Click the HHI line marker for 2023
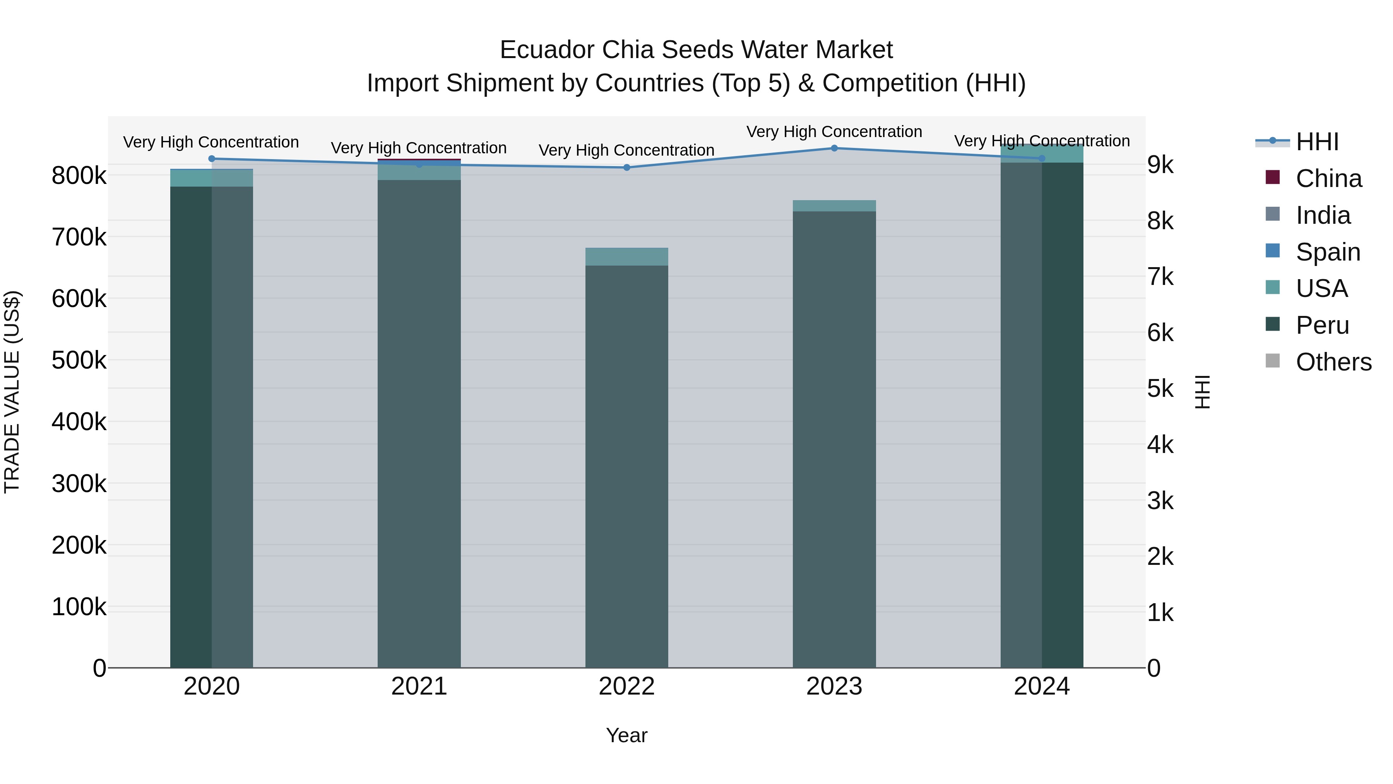834,148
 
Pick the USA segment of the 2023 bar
834,206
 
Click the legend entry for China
1328,178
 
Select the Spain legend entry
1328,252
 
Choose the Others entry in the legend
1333,362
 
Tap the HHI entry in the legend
1317,142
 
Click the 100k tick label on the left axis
79,607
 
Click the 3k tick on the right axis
1160,501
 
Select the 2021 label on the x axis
419,686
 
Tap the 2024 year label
1042,686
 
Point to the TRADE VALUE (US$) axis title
12,392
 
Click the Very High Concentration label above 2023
834,132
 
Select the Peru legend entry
1322,326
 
